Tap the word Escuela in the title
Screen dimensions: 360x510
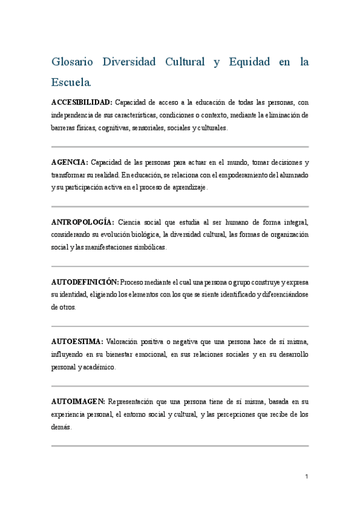(72, 81)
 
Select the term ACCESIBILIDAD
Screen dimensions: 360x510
(82, 102)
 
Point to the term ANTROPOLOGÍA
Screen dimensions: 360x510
(82, 222)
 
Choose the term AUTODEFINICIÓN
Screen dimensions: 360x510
(85, 281)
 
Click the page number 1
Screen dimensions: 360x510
(306, 477)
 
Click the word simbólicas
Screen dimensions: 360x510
(144, 247)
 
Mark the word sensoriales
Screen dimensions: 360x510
(154, 128)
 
